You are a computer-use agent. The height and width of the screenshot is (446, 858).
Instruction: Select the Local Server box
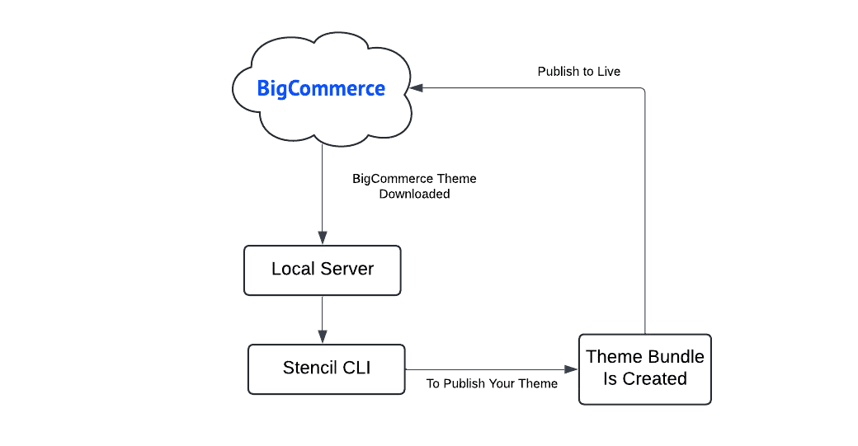[322, 270]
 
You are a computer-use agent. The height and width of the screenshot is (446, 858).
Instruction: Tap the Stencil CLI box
[326, 369]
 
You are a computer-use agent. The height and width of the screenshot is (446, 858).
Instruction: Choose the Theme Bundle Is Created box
[644, 369]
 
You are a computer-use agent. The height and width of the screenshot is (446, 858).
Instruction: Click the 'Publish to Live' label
[578, 72]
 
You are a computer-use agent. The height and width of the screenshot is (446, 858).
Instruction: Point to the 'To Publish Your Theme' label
[492, 384]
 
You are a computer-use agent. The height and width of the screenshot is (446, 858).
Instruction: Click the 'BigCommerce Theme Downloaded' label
[414, 186]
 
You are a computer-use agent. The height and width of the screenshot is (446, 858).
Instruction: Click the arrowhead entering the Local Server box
[322, 238]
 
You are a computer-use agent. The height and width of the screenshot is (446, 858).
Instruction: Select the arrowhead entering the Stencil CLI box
[322, 337]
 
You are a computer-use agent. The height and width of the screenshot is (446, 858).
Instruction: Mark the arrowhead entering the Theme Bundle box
[571, 369]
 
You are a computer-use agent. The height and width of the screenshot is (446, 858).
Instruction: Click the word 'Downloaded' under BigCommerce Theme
[414, 195]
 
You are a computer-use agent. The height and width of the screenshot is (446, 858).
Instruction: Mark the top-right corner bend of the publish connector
[644, 88]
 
